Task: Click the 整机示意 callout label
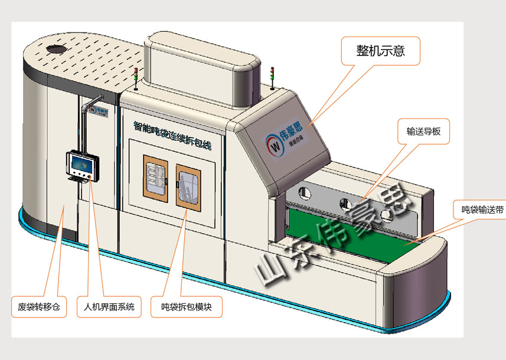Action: (x=381, y=51)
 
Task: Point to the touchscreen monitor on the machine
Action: (x=82, y=163)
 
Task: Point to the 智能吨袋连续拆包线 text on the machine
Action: (x=172, y=133)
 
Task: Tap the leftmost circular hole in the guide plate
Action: (x=305, y=192)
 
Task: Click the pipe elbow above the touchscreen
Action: (x=89, y=106)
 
